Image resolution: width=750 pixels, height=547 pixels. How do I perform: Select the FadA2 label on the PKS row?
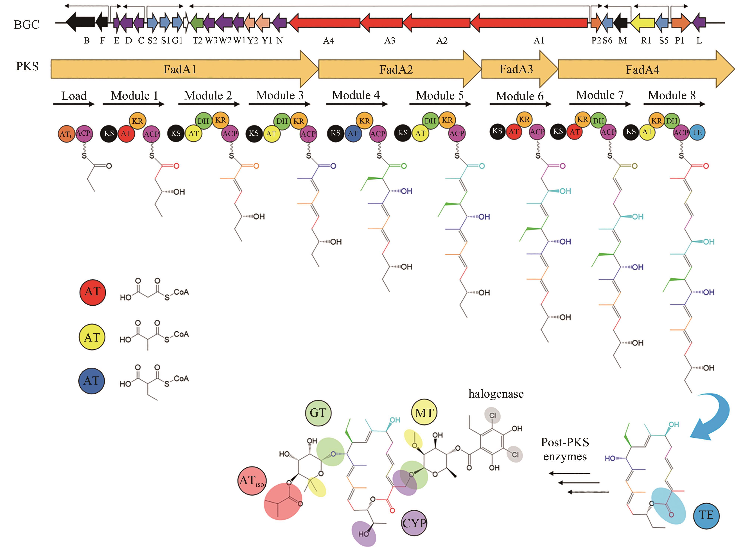tap(396, 69)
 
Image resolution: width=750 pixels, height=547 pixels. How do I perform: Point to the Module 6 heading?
tap(520, 96)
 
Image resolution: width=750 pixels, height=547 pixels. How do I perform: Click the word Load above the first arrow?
tap(74, 96)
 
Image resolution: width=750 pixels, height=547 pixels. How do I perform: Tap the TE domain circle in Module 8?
tap(697, 132)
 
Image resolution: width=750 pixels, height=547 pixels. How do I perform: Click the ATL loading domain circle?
tap(66, 134)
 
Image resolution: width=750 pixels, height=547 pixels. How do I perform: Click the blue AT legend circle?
tap(92, 381)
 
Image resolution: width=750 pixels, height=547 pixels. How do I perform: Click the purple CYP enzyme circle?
tap(414, 523)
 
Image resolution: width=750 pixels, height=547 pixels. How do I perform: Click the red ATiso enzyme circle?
tap(252, 481)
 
